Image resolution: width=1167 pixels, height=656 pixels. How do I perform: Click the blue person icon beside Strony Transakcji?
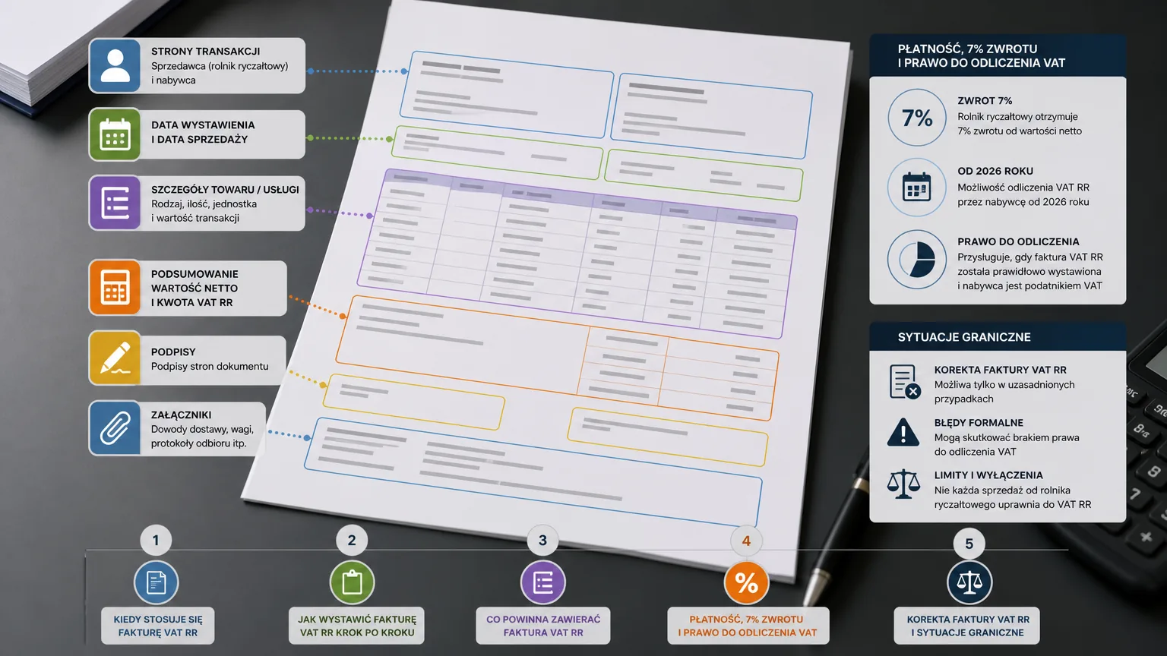coord(115,65)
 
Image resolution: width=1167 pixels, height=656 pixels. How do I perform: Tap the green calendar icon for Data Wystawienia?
coord(115,134)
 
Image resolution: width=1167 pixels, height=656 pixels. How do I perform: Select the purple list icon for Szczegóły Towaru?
coord(115,203)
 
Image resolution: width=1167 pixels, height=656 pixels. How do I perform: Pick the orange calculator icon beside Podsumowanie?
coord(115,288)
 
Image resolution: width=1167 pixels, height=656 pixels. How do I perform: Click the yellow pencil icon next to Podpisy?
coord(115,358)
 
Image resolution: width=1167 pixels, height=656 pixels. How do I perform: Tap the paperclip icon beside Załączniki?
coord(115,428)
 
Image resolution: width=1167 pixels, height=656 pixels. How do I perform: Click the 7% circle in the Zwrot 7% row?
coord(917,118)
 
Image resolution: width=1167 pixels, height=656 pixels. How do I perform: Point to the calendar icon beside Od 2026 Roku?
coord(917,188)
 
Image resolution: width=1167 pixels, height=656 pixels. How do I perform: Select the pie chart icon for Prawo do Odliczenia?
coord(917,259)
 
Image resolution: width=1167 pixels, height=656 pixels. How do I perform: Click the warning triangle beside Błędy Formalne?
coord(903,432)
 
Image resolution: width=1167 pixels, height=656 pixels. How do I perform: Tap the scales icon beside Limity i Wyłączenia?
coord(903,484)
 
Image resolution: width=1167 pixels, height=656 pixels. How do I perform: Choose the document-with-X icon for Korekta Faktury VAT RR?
coord(905,382)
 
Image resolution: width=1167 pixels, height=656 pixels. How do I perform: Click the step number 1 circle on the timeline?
coord(156,541)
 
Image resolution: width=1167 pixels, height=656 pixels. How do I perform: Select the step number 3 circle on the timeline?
coord(543,541)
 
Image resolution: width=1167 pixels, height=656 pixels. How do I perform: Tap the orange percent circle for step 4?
coord(747,582)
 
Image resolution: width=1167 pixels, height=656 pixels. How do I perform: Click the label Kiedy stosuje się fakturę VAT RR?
coord(158,626)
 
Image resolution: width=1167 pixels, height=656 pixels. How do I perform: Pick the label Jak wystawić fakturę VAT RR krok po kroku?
coord(357,626)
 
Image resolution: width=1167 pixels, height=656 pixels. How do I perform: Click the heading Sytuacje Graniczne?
coord(964,337)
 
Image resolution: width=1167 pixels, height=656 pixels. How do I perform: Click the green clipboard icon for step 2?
coord(353,582)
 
